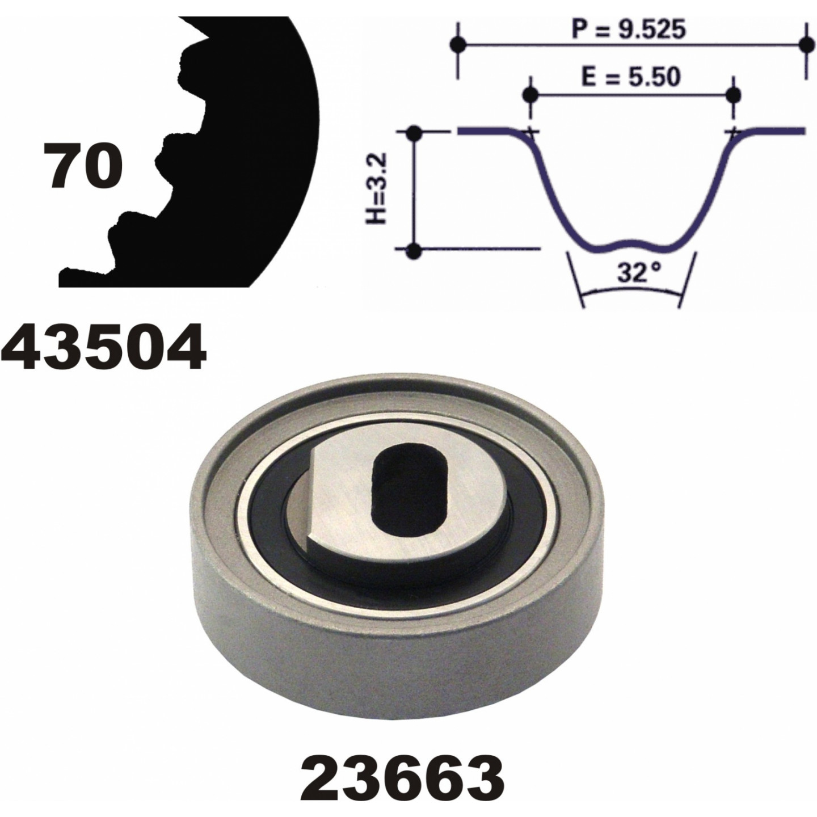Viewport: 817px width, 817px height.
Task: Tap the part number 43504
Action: tap(104, 346)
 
